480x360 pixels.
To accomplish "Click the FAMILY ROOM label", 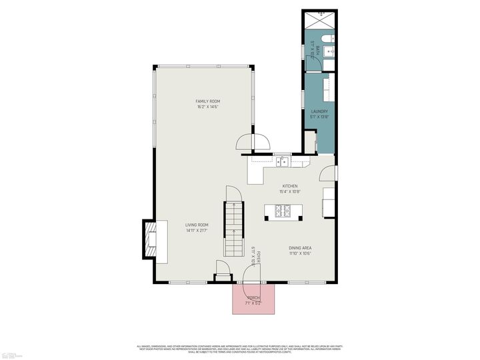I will (x=208, y=101).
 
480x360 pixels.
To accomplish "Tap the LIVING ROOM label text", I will (x=197, y=225).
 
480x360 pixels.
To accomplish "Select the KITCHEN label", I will (x=289, y=186).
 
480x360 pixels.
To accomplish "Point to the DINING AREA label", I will (x=300, y=247).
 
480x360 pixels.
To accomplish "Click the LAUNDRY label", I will (x=319, y=111).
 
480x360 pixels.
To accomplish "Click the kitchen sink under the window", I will (x=283, y=161).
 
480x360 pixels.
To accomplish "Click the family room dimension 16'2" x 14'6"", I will (x=208, y=107).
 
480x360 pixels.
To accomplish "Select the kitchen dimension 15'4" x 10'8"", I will (x=289, y=191).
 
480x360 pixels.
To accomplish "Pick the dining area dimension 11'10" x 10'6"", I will (x=300, y=253).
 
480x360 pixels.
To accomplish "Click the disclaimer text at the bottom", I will (x=240, y=347).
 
